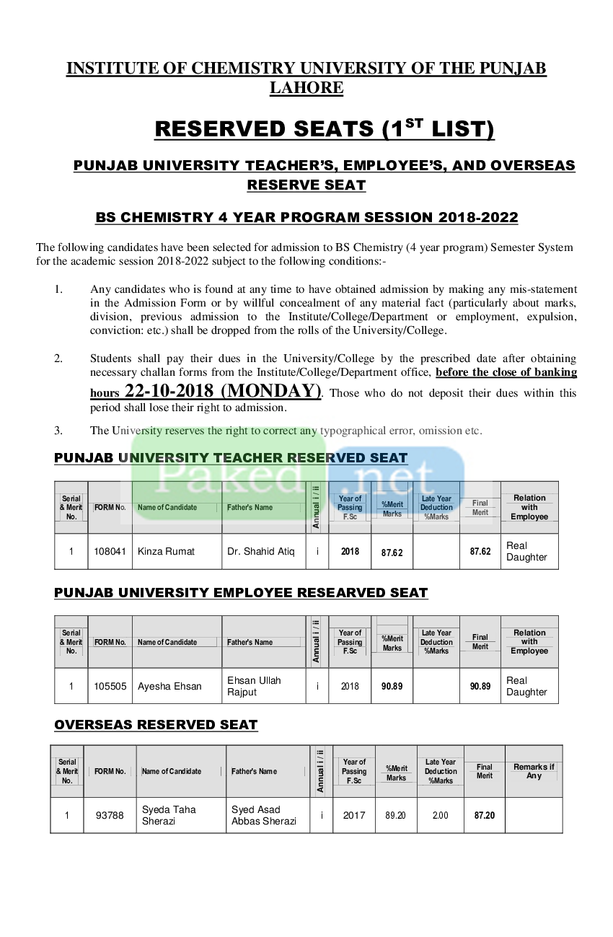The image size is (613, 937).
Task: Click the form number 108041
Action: [110, 551]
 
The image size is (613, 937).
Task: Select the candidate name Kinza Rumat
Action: [166, 551]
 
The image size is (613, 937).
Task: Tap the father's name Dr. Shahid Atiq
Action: [260, 551]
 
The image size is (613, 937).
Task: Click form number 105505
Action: [110, 686]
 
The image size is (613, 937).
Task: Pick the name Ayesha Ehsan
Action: [169, 686]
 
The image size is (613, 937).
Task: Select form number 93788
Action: [110, 815]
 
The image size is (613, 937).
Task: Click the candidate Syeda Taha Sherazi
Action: [169, 815]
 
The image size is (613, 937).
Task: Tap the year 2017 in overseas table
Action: [354, 815]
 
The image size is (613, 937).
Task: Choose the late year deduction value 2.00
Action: [441, 815]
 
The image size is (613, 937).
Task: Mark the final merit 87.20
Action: [484, 815]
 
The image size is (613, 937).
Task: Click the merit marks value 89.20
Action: [395, 815]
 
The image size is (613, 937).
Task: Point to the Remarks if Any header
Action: [534, 771]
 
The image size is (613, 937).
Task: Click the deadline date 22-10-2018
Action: [169, 391]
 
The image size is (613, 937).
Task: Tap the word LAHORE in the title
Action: [306, 87]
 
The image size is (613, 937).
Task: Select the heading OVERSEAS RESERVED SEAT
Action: [156, 724]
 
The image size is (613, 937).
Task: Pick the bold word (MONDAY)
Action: [271, 391]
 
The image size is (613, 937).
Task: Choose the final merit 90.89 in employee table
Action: [480, 686]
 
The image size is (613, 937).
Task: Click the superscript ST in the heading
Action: [414, 123]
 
